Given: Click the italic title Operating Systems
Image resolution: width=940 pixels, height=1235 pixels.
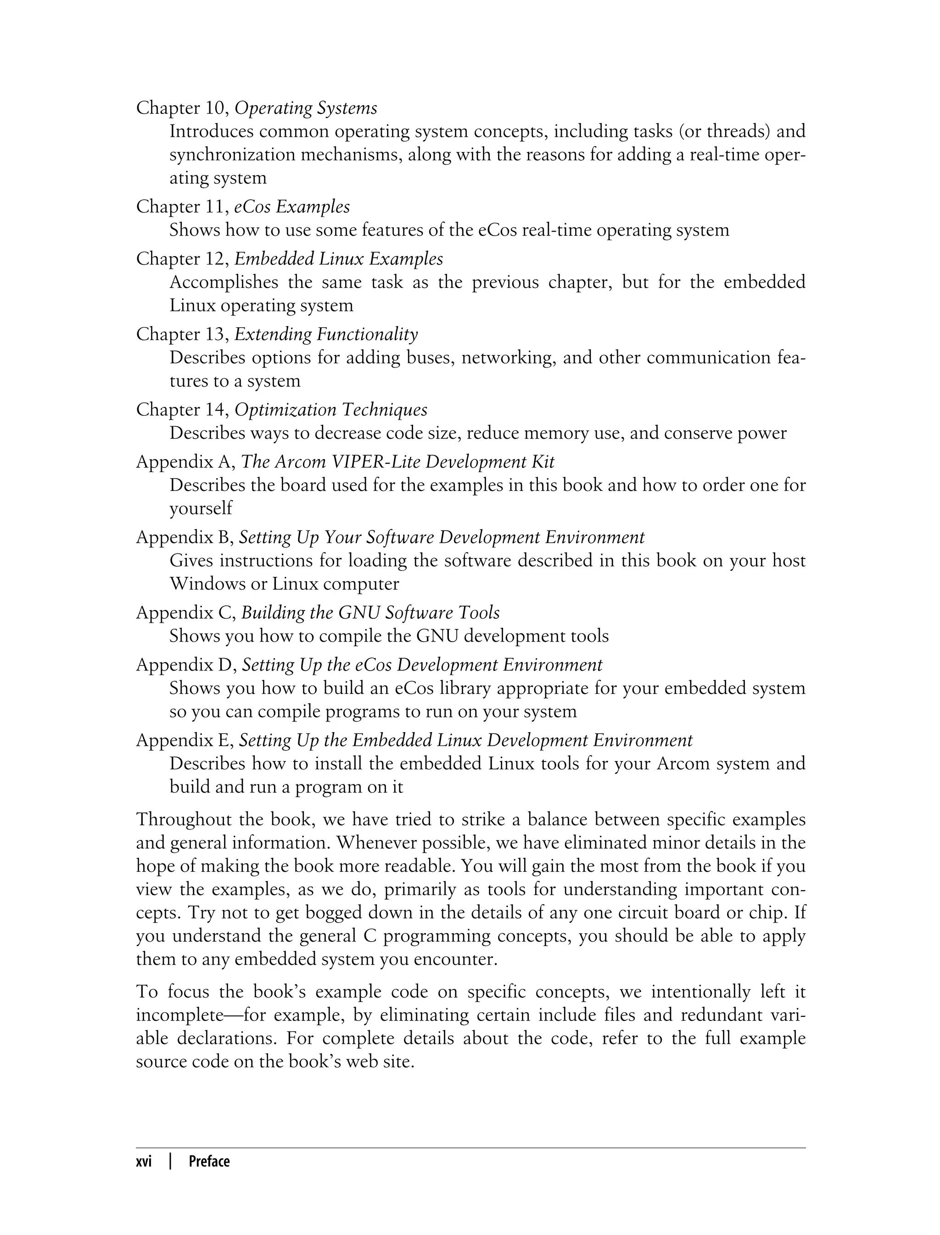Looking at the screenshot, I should point(306,108).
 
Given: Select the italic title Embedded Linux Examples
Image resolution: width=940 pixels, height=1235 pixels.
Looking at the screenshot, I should point(339,259).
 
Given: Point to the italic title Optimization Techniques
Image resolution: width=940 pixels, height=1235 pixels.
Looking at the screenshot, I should point(330,410).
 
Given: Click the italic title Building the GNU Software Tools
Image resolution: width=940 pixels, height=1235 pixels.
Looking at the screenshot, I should point(370,613).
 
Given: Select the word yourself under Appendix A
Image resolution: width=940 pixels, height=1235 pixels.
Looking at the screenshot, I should point(200,508).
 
